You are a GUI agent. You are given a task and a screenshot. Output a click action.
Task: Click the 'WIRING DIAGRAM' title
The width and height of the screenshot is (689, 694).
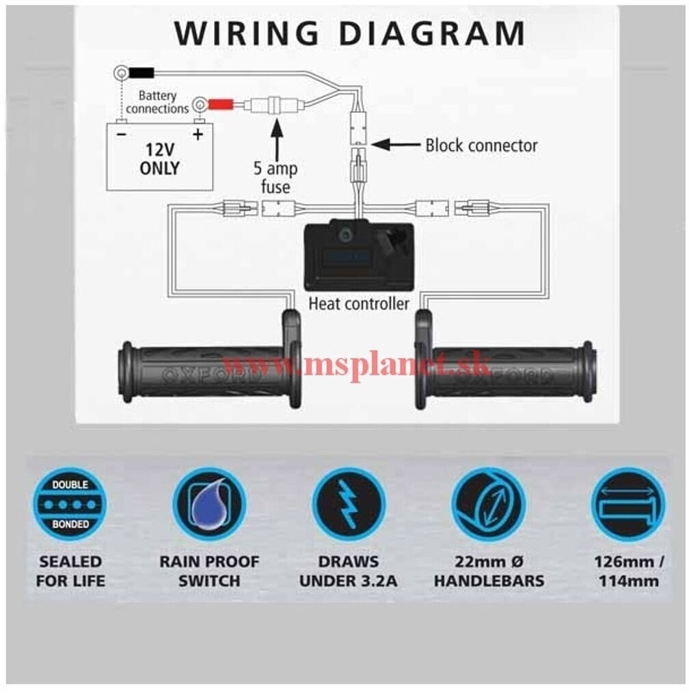tap(349, 33)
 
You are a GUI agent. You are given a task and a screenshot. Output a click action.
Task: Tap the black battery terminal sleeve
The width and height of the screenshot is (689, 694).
tap(141, 71)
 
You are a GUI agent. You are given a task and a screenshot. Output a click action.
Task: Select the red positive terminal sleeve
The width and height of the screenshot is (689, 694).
tap(220, 105)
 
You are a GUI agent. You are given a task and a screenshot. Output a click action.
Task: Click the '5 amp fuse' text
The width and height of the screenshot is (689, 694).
tap(275, 178)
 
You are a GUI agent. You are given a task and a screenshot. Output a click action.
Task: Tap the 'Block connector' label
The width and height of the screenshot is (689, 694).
tap(481, 145)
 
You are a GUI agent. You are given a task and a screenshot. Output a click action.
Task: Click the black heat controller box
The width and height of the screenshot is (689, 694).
tap(358, 255)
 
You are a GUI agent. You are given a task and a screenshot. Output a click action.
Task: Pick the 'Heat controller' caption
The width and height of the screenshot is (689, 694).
tap(359, 304)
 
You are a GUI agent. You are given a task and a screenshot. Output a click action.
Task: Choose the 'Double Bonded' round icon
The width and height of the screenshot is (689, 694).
tap(70, 504)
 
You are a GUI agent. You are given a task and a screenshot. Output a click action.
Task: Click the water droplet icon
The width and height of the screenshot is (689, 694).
tap(209, 504)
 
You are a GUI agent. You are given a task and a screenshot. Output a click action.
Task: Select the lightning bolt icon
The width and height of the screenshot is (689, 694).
tap(349, 504)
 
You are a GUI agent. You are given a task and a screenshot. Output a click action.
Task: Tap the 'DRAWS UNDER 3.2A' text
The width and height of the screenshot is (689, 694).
tap(349, 572)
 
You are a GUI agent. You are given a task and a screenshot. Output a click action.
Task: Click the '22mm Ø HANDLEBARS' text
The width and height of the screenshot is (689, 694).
tap(489, 572)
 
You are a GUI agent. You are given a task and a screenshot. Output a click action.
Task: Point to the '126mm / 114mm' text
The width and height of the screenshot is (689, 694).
tap(627, 572)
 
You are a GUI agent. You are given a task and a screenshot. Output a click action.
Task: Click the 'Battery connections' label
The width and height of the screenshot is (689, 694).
tap(158, 102)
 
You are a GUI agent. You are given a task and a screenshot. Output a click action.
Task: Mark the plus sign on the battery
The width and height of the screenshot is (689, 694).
tap(198, 134)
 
